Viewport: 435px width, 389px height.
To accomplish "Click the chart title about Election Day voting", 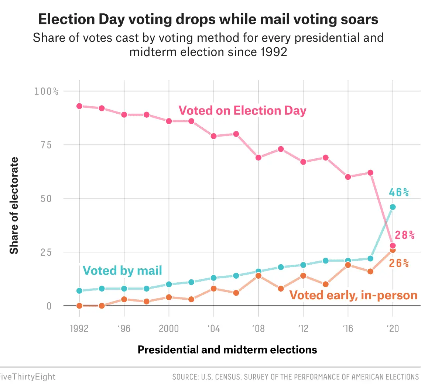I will click(208, 20).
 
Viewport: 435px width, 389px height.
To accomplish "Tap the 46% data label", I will click(399, 192).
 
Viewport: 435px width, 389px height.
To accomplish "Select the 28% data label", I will click(405, 235).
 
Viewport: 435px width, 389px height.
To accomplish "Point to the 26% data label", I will click(399, 263).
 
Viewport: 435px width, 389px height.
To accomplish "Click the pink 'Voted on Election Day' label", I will click(242, 111).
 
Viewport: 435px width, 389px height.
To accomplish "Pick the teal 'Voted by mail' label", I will click(122, 271).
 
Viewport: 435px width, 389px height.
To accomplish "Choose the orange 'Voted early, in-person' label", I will click(353, 295).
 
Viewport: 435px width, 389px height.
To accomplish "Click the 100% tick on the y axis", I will click(46, 91).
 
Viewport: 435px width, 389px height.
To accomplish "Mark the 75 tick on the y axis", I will click(46, 145).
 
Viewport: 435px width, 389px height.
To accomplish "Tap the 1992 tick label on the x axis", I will click(79, 328).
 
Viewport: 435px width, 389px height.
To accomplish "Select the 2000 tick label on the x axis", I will click(169, 328).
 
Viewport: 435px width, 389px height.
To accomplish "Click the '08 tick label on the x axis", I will click(258, 328).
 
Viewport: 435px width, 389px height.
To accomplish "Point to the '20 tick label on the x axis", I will click(393, 328).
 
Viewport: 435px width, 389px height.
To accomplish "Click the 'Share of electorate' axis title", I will click(14, 206).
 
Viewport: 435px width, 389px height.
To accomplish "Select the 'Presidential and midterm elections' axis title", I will click(227, 350).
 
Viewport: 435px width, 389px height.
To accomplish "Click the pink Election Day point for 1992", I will click(79, 106).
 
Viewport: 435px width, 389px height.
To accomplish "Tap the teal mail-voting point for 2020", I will click(393, 207).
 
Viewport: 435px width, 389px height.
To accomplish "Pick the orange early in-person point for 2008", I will click(258, 276).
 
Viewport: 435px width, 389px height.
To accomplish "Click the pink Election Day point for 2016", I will click(348, 177).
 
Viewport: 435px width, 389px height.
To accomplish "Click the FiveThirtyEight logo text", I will click(27, 377).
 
